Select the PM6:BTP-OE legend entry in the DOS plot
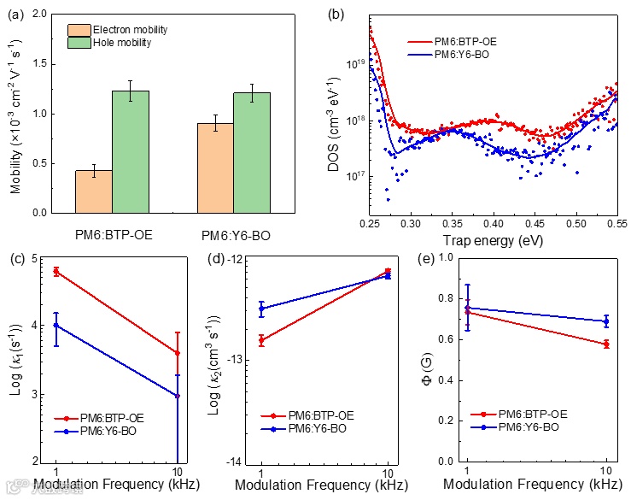(464, 41)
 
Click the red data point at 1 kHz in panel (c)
(56, 271)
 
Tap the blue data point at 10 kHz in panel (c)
(177, 396)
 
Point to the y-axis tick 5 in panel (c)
(33, 258)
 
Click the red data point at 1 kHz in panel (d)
(262, 340)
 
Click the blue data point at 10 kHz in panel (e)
(606, 321)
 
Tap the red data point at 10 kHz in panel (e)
(606, 344)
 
